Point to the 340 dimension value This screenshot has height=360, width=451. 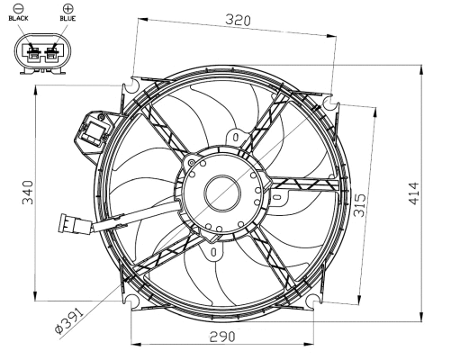(x=27, y=192)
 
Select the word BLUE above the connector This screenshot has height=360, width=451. (x=68, y=18)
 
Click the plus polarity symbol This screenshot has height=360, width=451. (x=68, y=7)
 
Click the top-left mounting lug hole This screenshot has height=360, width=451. (x=133, y=88)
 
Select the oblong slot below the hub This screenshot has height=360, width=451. (x=212, y=253)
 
